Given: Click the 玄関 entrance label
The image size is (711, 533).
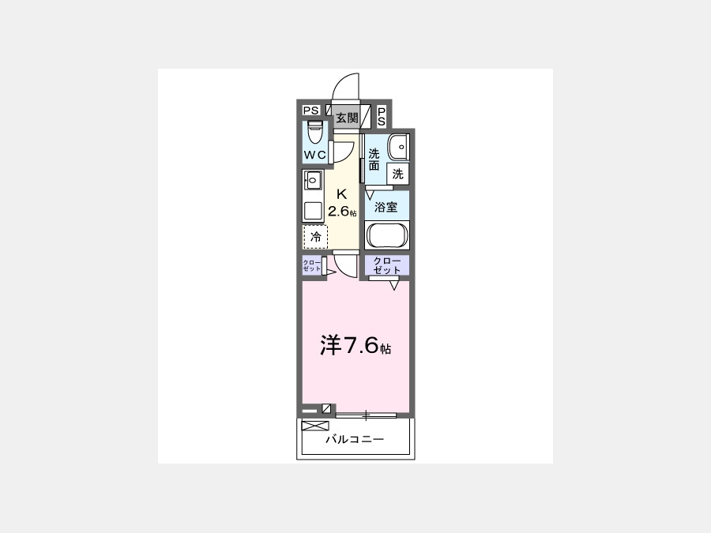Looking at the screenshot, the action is pos(347,118).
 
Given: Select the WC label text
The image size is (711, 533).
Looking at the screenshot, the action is pos(315,155).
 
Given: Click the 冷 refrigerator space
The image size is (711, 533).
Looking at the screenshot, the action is pos(315,237).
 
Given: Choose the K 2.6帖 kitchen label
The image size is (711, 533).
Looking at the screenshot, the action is pos(342,203).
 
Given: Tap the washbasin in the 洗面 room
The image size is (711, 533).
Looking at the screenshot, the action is pos(399,147).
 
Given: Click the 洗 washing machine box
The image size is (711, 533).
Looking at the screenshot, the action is pos(397,174).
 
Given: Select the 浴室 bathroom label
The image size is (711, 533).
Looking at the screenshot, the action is pos(386,208).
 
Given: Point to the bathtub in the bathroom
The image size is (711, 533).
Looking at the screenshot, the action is pos(388,235).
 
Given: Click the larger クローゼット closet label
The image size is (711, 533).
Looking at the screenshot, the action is pos(387,265).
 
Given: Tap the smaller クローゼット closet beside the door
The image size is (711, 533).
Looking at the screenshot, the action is pos(312,265).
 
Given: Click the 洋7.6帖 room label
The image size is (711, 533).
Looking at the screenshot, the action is pos(355,345).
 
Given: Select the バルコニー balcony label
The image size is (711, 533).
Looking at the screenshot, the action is pos(355,439).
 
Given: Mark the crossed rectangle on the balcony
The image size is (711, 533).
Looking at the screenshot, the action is pos(314,426).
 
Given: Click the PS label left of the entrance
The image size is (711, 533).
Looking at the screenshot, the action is pos(311,110).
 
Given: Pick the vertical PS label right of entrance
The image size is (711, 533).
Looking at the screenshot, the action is pos(382,117).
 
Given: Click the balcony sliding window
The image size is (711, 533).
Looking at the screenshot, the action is pos(366,415).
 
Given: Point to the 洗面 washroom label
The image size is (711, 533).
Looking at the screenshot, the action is pos(374,160).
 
